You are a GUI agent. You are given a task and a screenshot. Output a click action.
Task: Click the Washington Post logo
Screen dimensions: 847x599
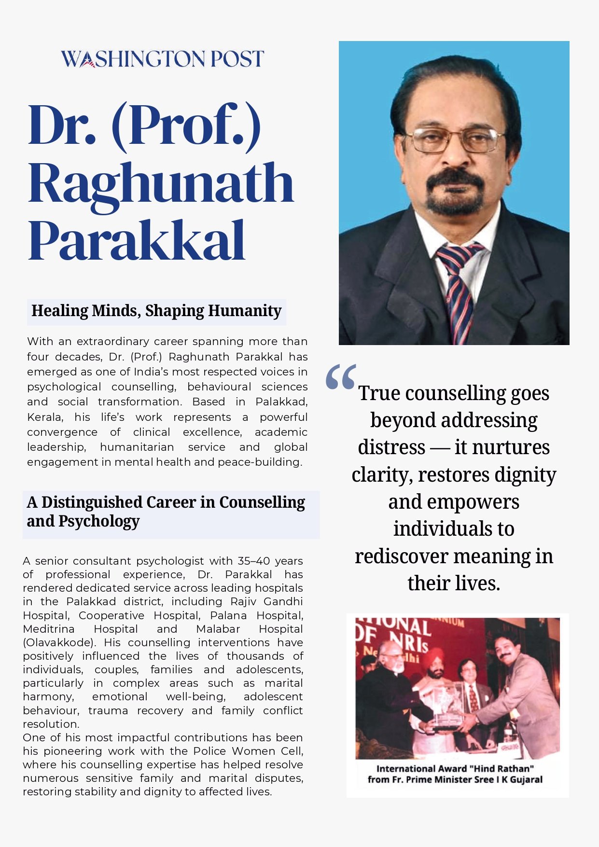point(162,59)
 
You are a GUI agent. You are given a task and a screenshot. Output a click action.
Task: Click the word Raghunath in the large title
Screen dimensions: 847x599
point(161,183)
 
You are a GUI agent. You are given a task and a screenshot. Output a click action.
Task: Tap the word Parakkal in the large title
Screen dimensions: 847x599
point(137,240)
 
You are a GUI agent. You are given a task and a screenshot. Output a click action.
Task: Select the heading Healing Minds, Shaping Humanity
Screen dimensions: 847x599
point(156,311)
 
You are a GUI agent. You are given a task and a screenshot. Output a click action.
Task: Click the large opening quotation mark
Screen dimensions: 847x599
point(341,377)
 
